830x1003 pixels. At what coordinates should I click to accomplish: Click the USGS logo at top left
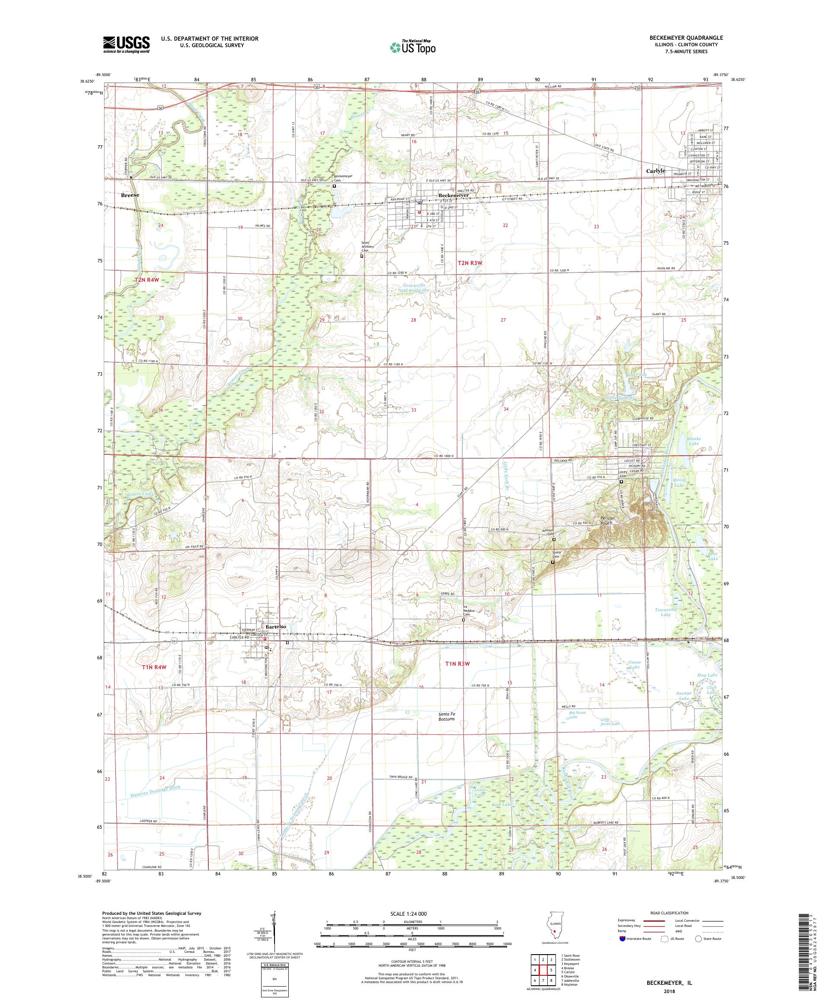(x=126, y=45)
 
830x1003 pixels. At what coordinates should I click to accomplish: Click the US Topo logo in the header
(x=413, y=46)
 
